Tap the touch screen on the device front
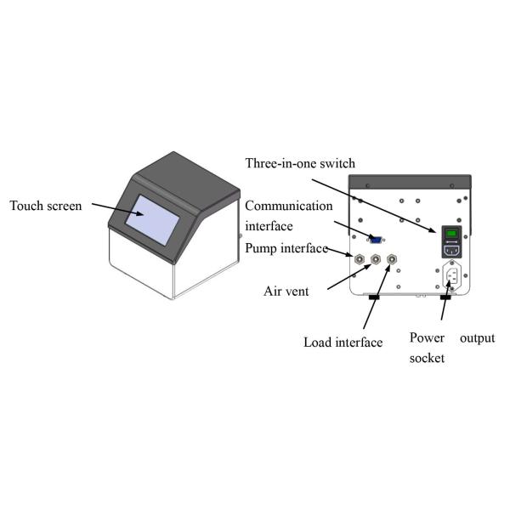pyautogui.click(x=153, y=216)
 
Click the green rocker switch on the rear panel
pyautogui.click(x=453, y=234)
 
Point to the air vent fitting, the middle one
pyautogui.click(x=375, y=260)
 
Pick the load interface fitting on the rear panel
pyautogui.click(x=391, y=260)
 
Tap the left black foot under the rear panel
pyautogui.click(x=373, y=297)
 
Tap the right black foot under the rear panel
pyautogui.click(x=445, y=297)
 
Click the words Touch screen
pyautogui.click(x=46, y=206)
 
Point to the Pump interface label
pyautogui.click(x=286, y=248)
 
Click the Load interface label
pyautogui.click(x=343, y=343)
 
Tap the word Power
pyautogui.click(x=428, y=337)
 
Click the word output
pyautogui.click(x=477, y=337)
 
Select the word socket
pyautogui.click(x=428, y=359)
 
